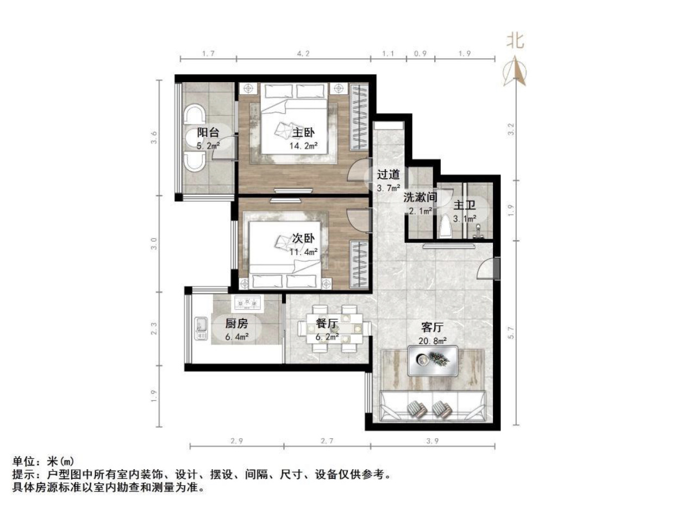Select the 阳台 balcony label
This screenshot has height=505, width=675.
pyautogui.click(x=208, y=133)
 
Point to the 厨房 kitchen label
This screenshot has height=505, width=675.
pyautogui.click(x=237, y=323)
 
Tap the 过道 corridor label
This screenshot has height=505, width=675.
pyautogui.click(x=389, y=175)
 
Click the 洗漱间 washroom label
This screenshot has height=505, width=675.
pyautogui.click(x=420, y=197)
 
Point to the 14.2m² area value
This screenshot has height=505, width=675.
pyautogui.click(x=304, y=146)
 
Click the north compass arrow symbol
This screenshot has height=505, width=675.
pyautogui.click(x=516, y=72)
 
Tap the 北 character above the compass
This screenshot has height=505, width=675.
pyautogui.click(x=515, y=41)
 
